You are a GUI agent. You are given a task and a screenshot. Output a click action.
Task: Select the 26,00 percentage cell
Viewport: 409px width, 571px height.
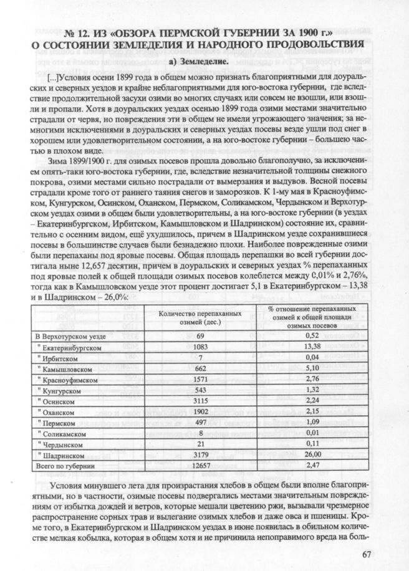(312, 454)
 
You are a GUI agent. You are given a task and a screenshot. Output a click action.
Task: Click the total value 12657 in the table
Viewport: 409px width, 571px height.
(191, 466)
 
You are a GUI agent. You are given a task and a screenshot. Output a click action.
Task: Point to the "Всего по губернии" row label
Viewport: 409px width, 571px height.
(64, 466)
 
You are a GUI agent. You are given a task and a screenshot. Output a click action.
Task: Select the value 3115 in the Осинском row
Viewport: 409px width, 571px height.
(191, 401)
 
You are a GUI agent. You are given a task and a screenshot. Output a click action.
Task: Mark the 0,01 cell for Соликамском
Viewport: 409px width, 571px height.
(312, 433)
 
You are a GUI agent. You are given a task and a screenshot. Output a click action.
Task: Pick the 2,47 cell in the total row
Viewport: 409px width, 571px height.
(312, 466)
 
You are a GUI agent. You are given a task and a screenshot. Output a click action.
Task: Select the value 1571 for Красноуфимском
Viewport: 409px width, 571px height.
(191, 379)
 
